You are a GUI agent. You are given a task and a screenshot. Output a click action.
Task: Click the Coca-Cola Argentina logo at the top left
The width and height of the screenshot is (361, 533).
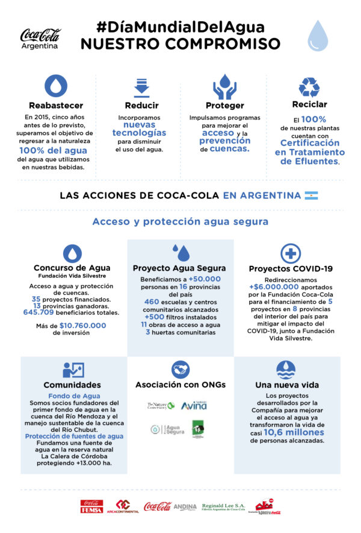pos(40,38)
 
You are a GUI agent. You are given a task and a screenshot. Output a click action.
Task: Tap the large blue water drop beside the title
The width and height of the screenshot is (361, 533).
pos(318,36)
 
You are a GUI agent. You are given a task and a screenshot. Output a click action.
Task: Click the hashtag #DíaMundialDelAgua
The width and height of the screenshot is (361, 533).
pos(180,27)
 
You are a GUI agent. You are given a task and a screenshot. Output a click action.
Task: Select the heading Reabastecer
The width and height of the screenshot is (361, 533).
pos(56,106)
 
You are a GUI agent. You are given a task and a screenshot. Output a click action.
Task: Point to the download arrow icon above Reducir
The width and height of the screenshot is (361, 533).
pos(141,87)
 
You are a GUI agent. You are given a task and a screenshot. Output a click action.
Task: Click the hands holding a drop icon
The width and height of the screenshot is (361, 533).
pos(224,86)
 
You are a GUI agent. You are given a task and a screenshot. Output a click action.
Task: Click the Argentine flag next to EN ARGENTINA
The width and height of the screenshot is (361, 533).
pos(311,195)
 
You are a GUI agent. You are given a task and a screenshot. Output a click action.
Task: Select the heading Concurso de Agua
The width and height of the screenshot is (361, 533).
pos(72,268)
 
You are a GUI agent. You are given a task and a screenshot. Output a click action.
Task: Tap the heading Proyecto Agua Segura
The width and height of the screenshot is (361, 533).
pos(179,268)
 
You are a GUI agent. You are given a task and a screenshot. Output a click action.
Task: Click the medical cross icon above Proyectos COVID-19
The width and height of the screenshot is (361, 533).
pos(291,253)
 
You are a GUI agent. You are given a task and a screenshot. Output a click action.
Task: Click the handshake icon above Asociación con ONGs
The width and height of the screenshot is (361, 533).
pos(180,369)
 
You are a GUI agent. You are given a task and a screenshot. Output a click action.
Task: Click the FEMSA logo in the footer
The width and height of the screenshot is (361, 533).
pos(92,506)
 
